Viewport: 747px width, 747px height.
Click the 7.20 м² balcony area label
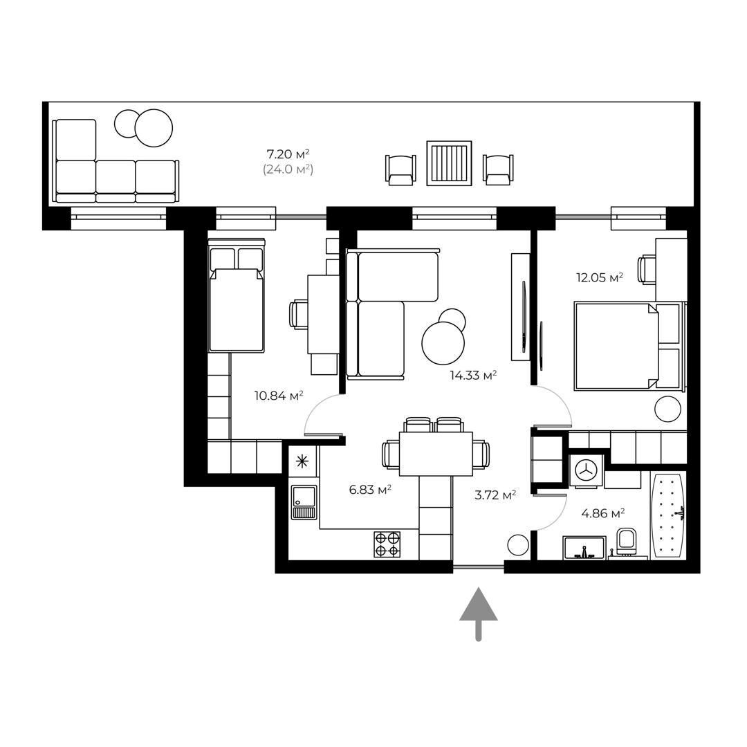288,154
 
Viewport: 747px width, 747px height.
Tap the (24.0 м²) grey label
288,169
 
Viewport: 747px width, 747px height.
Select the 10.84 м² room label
279,396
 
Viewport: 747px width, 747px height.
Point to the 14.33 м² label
474,376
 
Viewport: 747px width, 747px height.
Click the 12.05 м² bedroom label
600,277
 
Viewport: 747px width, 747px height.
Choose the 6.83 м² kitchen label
370,489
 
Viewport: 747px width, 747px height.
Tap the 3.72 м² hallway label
495,495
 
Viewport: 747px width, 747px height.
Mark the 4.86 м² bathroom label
603,513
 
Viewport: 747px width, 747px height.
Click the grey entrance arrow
479,614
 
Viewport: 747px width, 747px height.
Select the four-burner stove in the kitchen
387,544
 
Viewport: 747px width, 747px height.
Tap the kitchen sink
304,502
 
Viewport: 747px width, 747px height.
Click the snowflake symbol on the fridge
302,461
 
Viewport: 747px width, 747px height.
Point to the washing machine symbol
586,471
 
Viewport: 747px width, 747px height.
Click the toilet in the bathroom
626,541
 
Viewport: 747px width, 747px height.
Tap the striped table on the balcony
450,163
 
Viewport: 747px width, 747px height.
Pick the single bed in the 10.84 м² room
237,295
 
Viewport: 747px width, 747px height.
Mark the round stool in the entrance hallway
518,545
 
